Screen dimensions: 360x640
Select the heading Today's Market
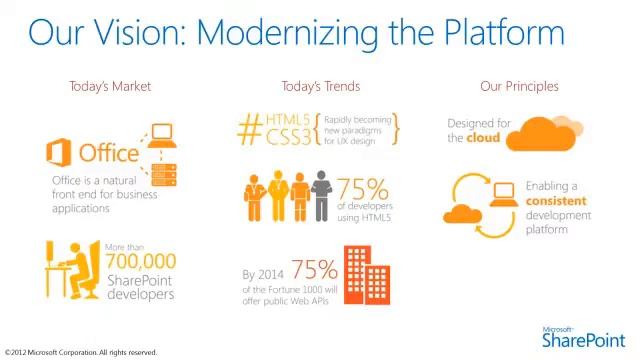(x=110, y=86)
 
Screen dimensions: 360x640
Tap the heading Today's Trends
(x=321, y=86)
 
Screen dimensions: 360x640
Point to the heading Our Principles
(x=519, y=86)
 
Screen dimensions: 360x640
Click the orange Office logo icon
(x=59, y=153)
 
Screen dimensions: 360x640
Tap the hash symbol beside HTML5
(x=250, y=128)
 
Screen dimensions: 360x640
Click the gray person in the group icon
(x=321, y=196)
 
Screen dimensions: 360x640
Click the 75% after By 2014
(x=313, y=270)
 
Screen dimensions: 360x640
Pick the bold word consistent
(x=556, y=201)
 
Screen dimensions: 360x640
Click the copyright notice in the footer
(x=80, y=352)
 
